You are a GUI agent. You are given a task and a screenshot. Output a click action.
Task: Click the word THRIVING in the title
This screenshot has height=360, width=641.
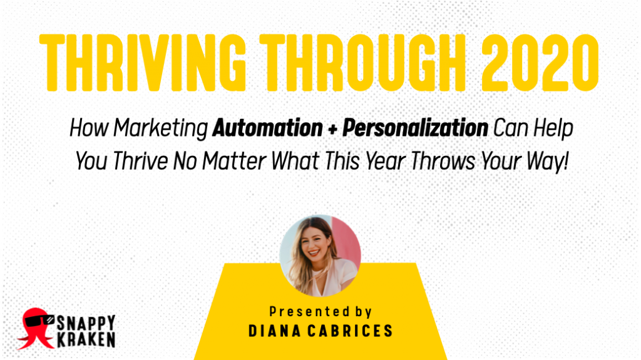pos(142,63)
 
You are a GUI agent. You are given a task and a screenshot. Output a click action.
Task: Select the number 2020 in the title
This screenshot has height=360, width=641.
pos(540,63)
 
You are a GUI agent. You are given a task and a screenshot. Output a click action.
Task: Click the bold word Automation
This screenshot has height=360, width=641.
pos(268,128)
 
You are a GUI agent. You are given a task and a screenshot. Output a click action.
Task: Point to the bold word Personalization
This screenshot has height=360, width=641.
pos(416,128)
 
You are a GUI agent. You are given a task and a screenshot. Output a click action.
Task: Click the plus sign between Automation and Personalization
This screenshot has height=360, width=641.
pos(333,129)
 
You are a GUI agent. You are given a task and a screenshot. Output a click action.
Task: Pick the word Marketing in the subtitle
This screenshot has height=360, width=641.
pos(161,129)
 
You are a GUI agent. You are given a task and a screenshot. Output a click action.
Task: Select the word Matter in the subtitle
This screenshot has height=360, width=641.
pos(235,161)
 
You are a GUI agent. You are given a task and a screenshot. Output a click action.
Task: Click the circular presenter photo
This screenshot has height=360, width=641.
pos(320,255)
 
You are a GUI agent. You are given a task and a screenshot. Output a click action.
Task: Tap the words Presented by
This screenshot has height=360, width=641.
pos(320,312)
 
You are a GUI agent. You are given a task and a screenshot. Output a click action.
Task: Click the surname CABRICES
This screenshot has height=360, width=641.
pos(350,331)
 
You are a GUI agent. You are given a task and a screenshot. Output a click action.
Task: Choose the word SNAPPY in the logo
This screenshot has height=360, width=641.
pos(86,322)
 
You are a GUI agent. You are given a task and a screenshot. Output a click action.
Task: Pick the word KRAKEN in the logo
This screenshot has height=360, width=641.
pos(86,339)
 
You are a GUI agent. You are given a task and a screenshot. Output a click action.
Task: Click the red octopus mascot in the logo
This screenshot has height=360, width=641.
pos(36,329)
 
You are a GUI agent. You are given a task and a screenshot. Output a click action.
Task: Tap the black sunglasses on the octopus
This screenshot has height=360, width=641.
pos(39,321)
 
